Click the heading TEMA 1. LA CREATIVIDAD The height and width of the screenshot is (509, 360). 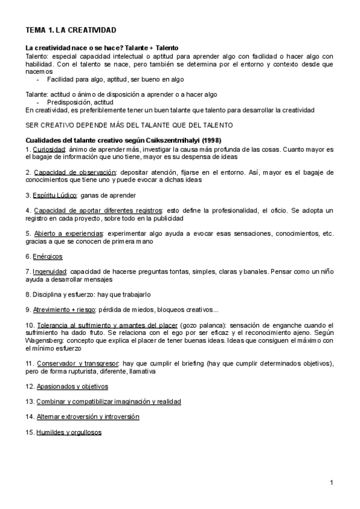pyautogui.click(x=71, y=30)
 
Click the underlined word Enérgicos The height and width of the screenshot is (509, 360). pyautogui.click(x=49, y=256)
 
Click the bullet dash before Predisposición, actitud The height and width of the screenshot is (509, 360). pyautogui.click(x=38, y=102)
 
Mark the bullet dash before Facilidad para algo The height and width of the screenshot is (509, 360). pyautogui.click(x=38, y=79)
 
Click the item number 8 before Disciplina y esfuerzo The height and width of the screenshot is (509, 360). pyautogui.click(x=28, y=295)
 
